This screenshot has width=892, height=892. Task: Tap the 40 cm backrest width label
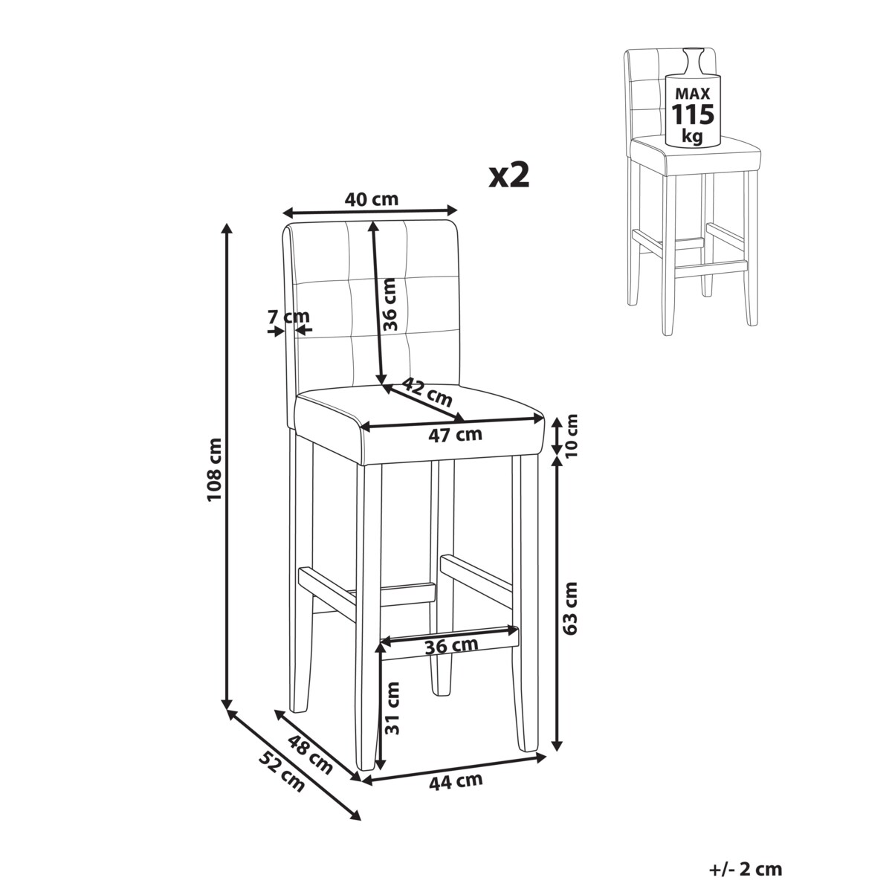coord(371,199)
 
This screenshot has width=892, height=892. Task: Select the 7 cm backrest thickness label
coord(288,317)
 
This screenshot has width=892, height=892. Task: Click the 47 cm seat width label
coord(455,435)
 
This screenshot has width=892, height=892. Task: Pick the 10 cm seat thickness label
coord(572,435)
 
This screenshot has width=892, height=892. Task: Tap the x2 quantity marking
coord(508,176)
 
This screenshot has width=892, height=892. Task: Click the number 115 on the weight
coord(693,114)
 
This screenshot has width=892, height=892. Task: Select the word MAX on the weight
coord(693,94)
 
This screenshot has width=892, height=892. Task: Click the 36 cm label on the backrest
coord(390,304)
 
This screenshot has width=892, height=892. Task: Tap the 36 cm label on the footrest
coord(451,646)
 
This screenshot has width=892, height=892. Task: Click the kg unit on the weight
coord(692,136)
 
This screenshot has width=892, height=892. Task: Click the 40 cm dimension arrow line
coord(370,212)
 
